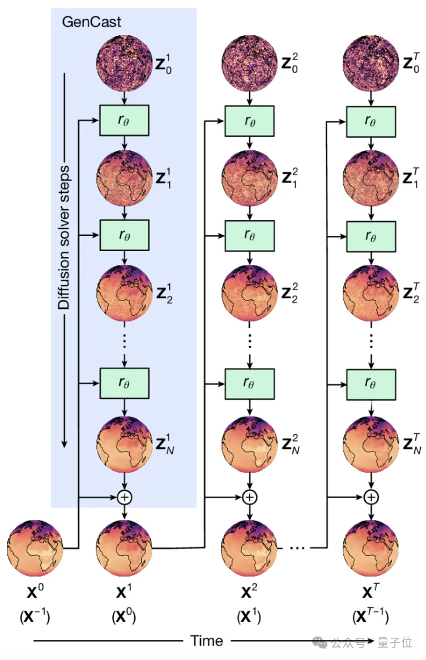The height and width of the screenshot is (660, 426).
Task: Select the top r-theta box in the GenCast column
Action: click(124, 120)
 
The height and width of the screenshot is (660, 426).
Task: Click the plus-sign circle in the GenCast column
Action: click(124, 497)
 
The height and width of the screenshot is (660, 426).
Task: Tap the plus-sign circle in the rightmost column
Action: click(370, 497)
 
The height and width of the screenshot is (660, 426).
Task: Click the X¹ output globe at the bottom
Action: click(124, 547)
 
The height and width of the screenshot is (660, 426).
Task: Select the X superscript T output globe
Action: click(370, 547)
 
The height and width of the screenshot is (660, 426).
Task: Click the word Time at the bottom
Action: click(207, 641)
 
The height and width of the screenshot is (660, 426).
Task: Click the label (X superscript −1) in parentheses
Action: click(35, 616)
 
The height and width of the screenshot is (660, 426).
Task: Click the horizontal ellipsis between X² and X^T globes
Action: click(295, 548)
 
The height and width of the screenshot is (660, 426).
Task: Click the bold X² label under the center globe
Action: click(249, 593)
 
